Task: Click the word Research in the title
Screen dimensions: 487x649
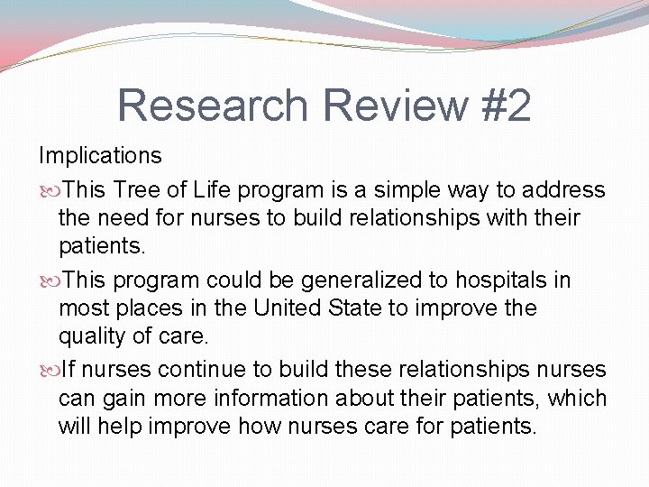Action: (x=214, y=106)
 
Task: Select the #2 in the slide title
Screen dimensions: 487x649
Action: (x=507, y=106)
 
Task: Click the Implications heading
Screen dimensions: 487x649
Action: (x=99, y=155)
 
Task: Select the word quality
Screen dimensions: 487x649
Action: (x=88, y=335)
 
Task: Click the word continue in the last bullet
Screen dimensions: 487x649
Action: (x=195, y=370)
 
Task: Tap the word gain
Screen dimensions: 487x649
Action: (x=121, y=398)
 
